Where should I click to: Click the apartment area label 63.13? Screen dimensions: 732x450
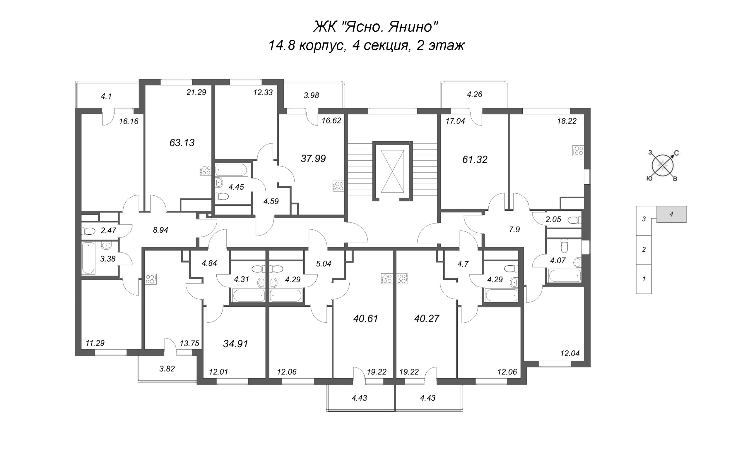pos(182,143)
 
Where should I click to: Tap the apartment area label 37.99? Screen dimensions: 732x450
pos(313,159)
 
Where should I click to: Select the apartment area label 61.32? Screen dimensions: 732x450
pos(475,159)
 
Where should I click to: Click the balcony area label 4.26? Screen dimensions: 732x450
pos(474,94)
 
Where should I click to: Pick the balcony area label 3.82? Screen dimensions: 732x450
pos(167,369)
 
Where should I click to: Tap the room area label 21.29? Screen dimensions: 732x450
pos(196,92)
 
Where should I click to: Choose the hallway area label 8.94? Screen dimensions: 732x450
pos(160,230)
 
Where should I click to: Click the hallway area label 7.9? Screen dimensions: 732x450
pos(514,229)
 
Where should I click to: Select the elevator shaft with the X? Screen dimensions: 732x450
pos(392,171)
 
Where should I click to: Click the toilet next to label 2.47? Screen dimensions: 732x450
pos(88,231)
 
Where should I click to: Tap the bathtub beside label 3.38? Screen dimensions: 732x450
pos(88,258)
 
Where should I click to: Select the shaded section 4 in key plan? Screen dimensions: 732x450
pos(671,214)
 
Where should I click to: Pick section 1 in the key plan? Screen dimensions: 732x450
pos(644,279)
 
